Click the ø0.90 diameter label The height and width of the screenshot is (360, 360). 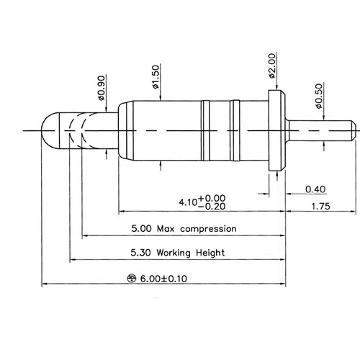102,88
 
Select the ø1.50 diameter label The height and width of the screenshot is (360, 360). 156,77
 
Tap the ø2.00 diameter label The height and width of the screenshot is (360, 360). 272,66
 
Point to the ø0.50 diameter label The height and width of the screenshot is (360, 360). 319,96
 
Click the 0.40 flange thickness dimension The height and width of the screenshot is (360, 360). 315,189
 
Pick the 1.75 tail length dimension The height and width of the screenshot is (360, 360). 320,206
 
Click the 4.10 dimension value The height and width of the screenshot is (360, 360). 188,202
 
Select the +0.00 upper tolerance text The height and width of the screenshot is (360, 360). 212,198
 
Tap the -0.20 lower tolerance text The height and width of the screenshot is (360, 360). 212,206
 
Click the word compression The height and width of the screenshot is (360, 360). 208,229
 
